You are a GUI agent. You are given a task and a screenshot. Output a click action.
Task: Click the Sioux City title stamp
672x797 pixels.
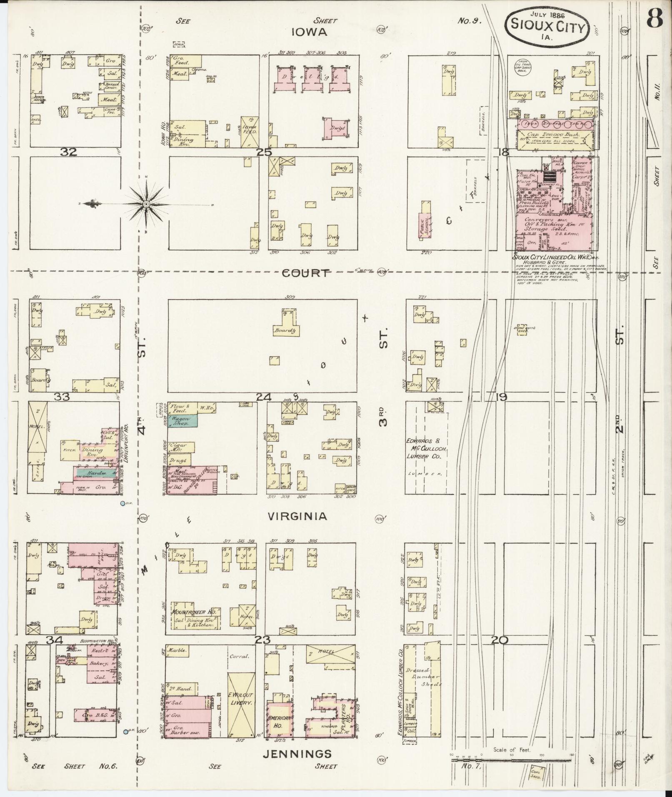tap(547, 25)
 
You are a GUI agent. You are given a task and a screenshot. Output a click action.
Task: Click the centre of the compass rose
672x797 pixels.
tap(146, 204)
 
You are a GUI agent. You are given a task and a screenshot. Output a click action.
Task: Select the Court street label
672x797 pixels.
tap(305, 273)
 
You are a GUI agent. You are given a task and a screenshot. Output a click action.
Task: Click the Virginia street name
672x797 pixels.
tap(297, 517)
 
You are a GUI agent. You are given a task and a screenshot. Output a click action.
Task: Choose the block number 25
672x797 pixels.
tap(264, 152)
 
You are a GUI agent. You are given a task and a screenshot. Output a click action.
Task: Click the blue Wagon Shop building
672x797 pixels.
tap(182, 421)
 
